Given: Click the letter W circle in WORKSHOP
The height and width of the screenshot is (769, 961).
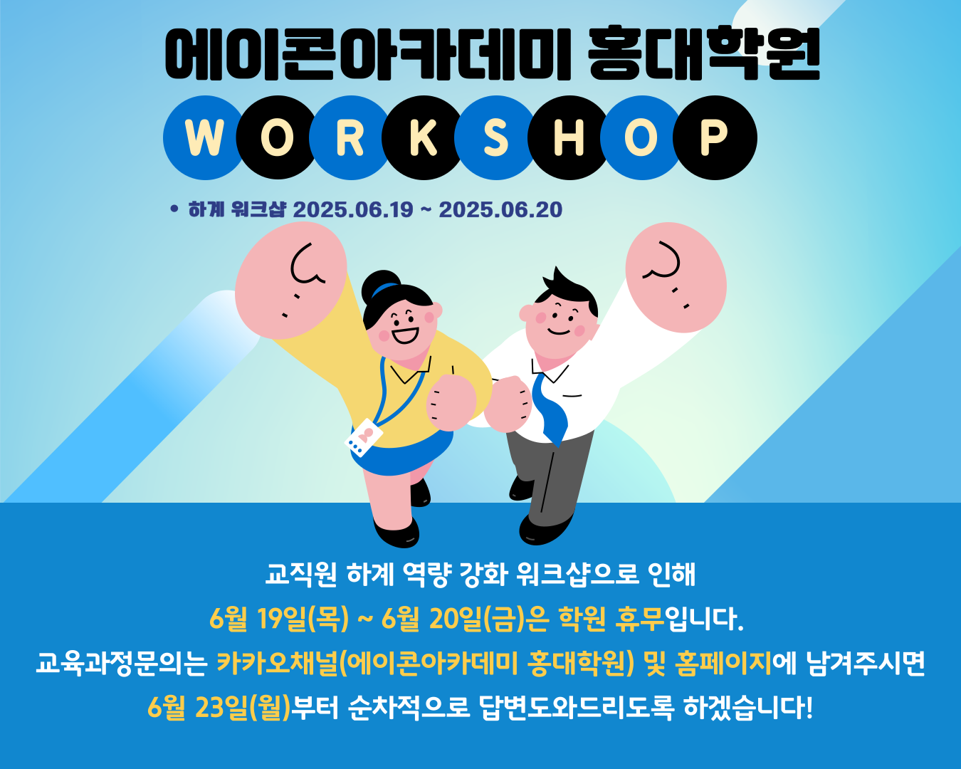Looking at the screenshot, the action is (x=204, y=137).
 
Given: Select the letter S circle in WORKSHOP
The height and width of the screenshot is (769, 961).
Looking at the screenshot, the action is (x=496, y=137).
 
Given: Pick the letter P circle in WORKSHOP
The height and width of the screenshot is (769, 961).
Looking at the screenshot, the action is (x=715, y=137).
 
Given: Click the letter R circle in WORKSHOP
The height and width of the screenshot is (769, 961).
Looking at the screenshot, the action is (x=350, y=137).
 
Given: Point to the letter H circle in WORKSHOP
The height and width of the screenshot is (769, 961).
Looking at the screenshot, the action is (x=569, y=137).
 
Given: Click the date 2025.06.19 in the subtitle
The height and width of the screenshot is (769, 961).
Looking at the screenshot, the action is (x=353, y=209).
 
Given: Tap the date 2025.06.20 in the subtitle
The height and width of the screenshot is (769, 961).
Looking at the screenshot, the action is (x=500, y=209).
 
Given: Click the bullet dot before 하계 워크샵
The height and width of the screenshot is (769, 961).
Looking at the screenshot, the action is (x=174, y=209).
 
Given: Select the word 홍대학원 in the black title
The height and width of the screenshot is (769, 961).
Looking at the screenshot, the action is (x=704, y=53).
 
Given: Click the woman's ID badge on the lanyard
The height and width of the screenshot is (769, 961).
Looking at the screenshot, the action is (x=364, y=437).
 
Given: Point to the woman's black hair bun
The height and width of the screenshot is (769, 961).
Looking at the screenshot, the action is (x=381, y=286).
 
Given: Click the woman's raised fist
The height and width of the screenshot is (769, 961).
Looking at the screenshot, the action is (x=290, y=280).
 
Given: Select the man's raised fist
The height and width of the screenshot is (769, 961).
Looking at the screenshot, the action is (x=676, y=278).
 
